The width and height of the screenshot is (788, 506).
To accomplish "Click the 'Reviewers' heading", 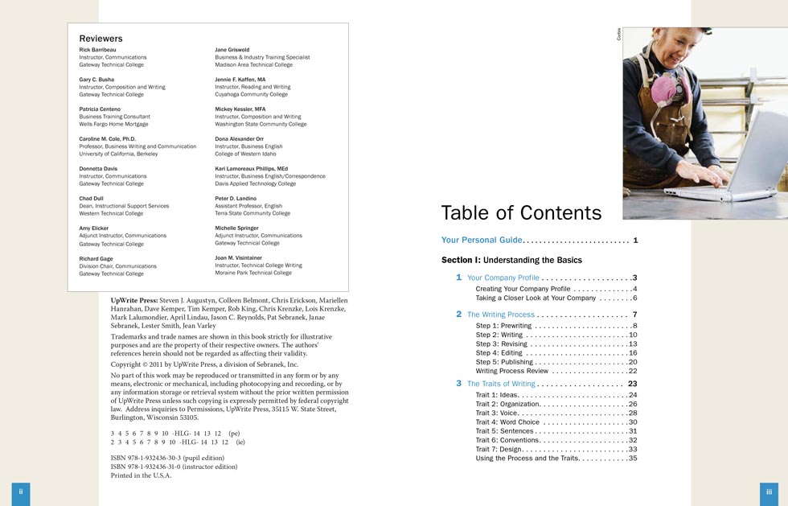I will click(x=101, y=38).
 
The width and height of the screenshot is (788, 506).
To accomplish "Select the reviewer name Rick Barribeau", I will click(x=96, y=50).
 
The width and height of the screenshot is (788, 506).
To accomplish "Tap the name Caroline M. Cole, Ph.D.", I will click(x=112, y=139).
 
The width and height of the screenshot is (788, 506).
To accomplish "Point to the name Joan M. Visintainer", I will click(x=245, y=257).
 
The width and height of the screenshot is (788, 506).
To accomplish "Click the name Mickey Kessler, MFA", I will click(x=240, y=109).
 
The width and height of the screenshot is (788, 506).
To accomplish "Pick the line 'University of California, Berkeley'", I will click(x=118, y=154).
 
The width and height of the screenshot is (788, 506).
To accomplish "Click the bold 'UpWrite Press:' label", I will click(x=134, y=300).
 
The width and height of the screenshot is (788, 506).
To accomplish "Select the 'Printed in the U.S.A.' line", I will click(x=141, y=475).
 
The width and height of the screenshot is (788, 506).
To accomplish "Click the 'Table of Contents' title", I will click(x=521, y=212).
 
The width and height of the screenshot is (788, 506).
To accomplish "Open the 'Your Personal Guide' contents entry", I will click(x=482, y=241).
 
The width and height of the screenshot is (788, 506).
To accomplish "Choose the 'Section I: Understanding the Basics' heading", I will click(x=511, y=260).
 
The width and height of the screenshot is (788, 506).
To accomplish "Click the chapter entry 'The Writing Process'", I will click(x=500, y=315).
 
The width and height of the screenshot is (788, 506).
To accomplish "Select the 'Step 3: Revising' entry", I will click(x=502, y=344).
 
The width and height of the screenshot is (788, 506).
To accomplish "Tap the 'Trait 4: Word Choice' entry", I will click(x=507, y=422).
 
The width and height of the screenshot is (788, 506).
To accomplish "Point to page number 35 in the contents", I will click(x=633, y=459).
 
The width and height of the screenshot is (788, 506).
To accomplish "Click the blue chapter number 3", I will click(x=459, y=384).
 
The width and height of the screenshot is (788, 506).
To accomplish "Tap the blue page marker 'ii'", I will click(x=21, y=492).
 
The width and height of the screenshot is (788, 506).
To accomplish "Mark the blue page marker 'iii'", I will click(x=769, y=492).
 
